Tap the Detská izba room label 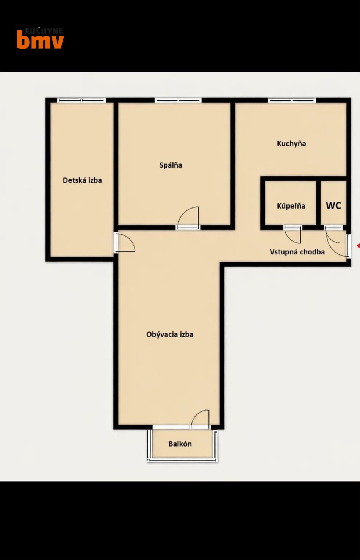[82, 180]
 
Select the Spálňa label [171, 165]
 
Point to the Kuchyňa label [291, 143]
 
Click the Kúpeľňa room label [291, 206]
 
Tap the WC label [333, 205]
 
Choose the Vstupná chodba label [297, 252]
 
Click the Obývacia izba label [170, 334]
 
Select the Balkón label [180, 444]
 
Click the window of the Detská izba [82, 100]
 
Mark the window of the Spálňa [178, 100]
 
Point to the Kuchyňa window [292, 100]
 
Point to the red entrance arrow [358, 246]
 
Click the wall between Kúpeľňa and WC [319, 203]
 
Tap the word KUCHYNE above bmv [44, 30]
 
